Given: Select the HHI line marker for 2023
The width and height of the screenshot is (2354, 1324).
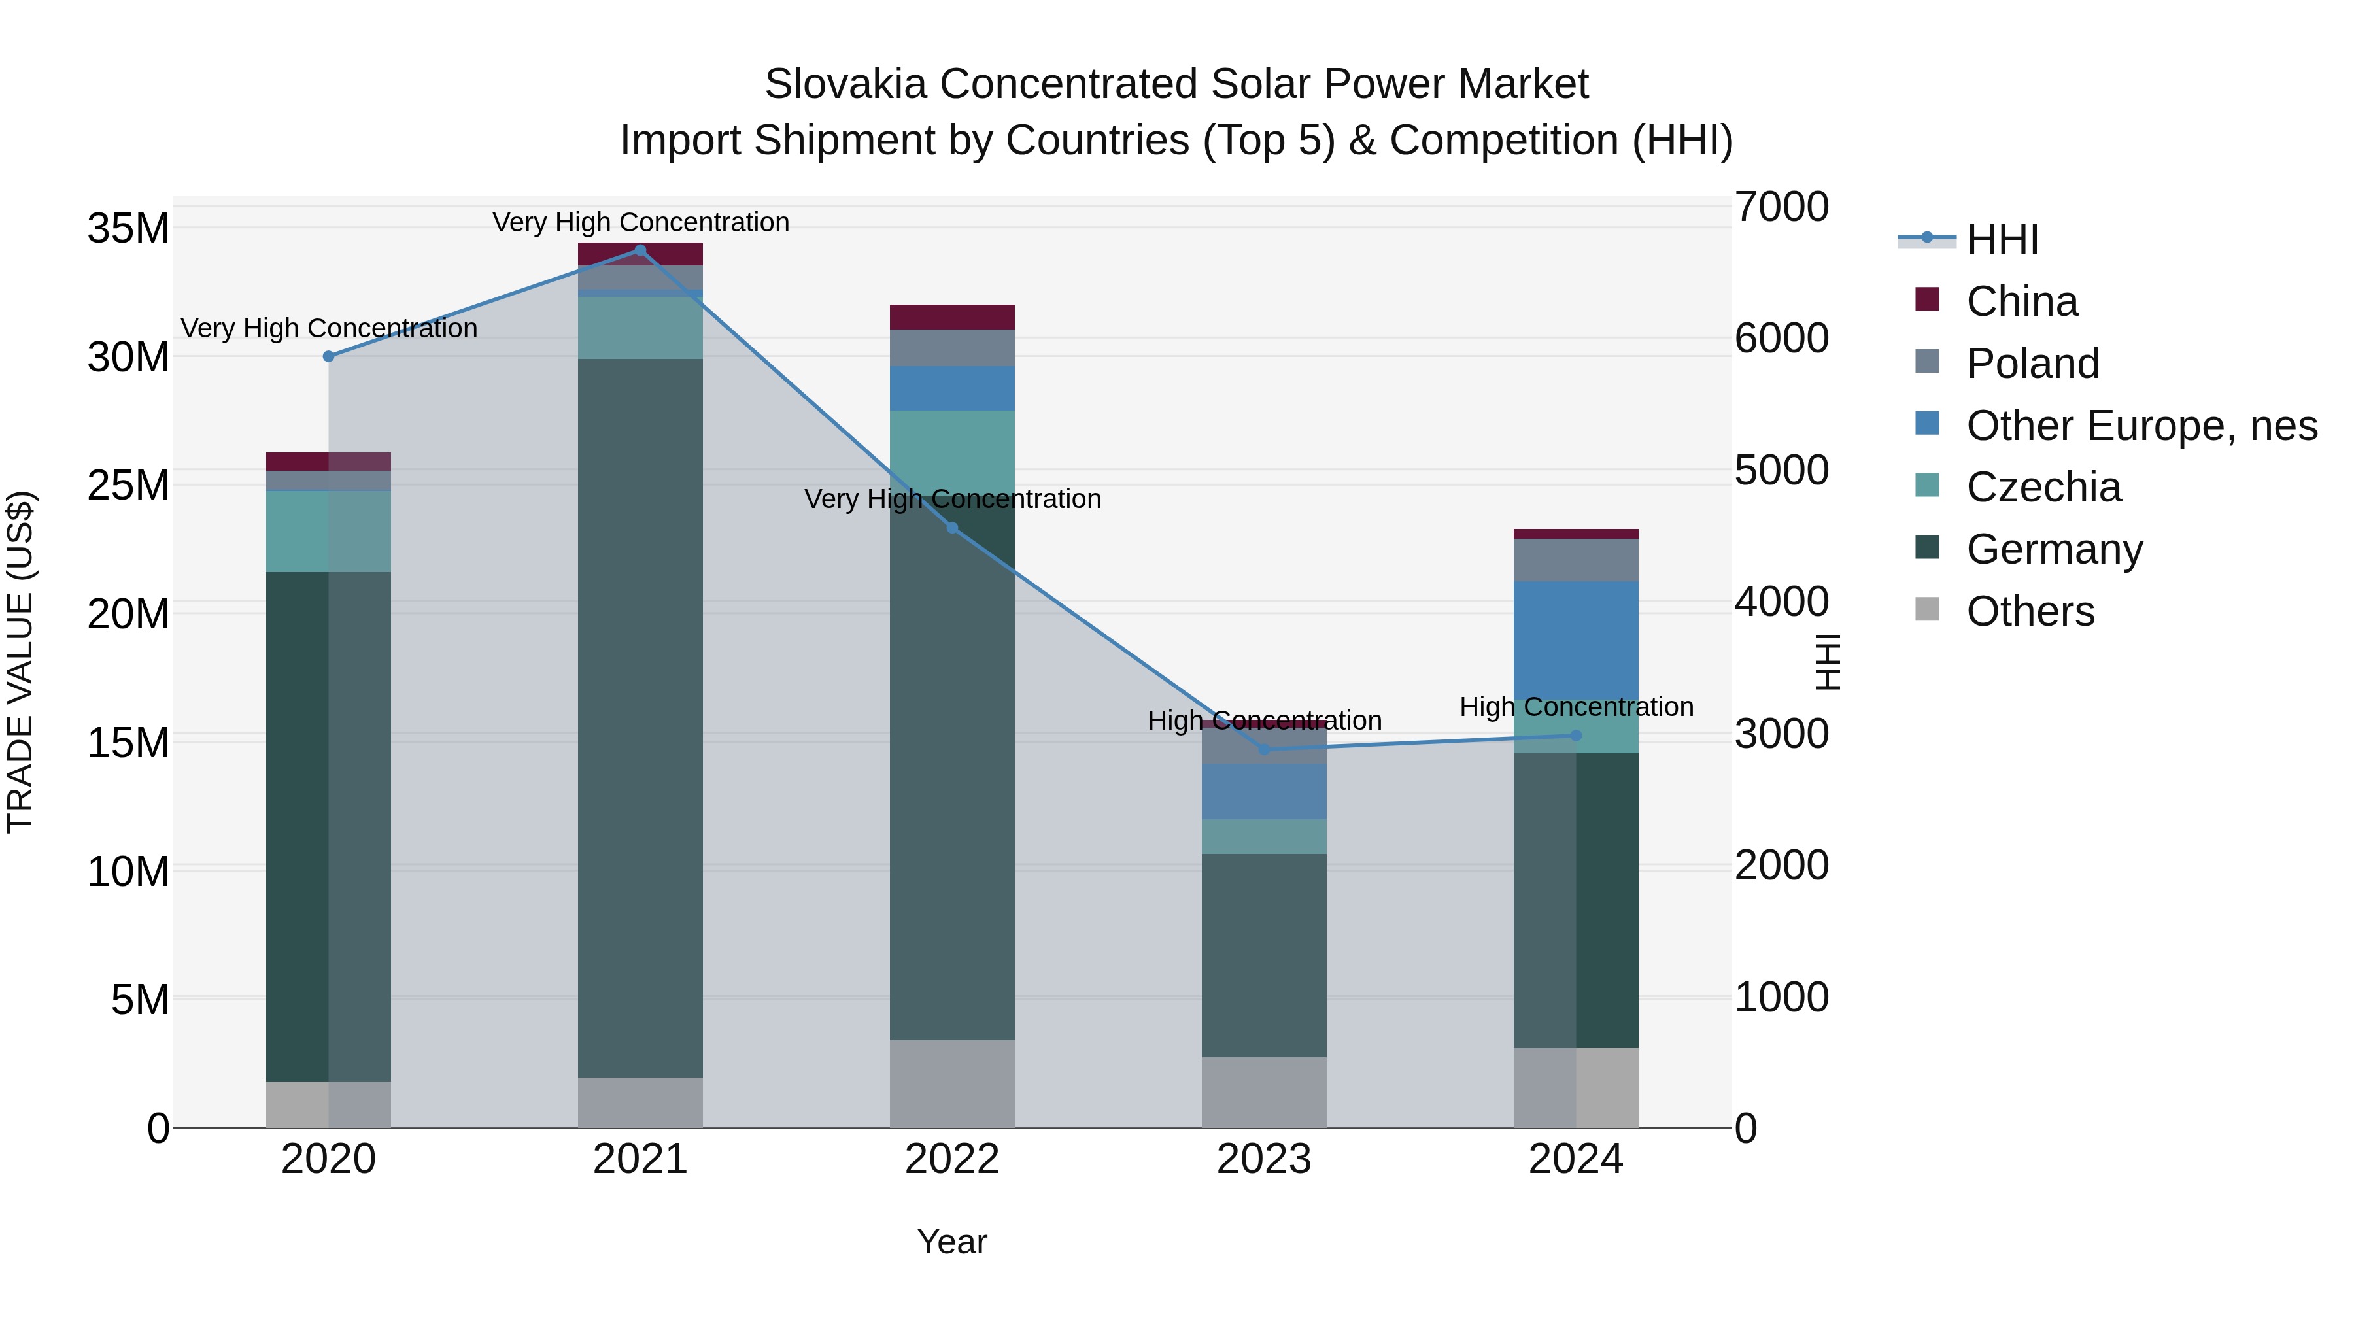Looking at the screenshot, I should [1265, 749].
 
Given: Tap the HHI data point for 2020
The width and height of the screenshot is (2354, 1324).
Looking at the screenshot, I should [329, 356].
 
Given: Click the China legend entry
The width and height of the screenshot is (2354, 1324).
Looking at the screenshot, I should [2021, 301].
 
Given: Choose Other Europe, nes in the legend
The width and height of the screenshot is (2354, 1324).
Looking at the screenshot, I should [2141, 426].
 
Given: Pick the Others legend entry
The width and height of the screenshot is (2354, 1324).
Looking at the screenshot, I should [2030, 611].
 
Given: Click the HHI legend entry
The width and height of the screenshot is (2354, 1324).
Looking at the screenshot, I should [2002, 239].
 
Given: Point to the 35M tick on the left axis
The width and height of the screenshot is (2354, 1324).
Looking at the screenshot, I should [128, 228].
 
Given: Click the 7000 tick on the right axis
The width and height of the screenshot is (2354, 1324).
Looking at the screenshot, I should [1782, 207].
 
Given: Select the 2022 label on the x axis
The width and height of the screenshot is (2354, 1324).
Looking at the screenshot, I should [952, 1159].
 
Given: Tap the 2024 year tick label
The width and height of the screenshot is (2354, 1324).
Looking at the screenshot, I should [1575, 1159].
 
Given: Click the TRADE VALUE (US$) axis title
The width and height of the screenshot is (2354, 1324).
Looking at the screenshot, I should [20, 662].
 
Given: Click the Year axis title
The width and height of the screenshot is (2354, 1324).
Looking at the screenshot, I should [952, 1242].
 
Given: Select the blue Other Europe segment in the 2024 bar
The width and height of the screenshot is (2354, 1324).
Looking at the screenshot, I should [1575, 639].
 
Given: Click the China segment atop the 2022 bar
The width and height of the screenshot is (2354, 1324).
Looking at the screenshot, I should [952, 317].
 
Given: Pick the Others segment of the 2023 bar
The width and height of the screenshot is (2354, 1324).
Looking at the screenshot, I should [1264, 1092].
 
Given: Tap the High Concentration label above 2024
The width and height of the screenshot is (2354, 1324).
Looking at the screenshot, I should [1575, 707].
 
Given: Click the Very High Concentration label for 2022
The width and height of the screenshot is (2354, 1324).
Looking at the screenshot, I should [952, 500].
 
